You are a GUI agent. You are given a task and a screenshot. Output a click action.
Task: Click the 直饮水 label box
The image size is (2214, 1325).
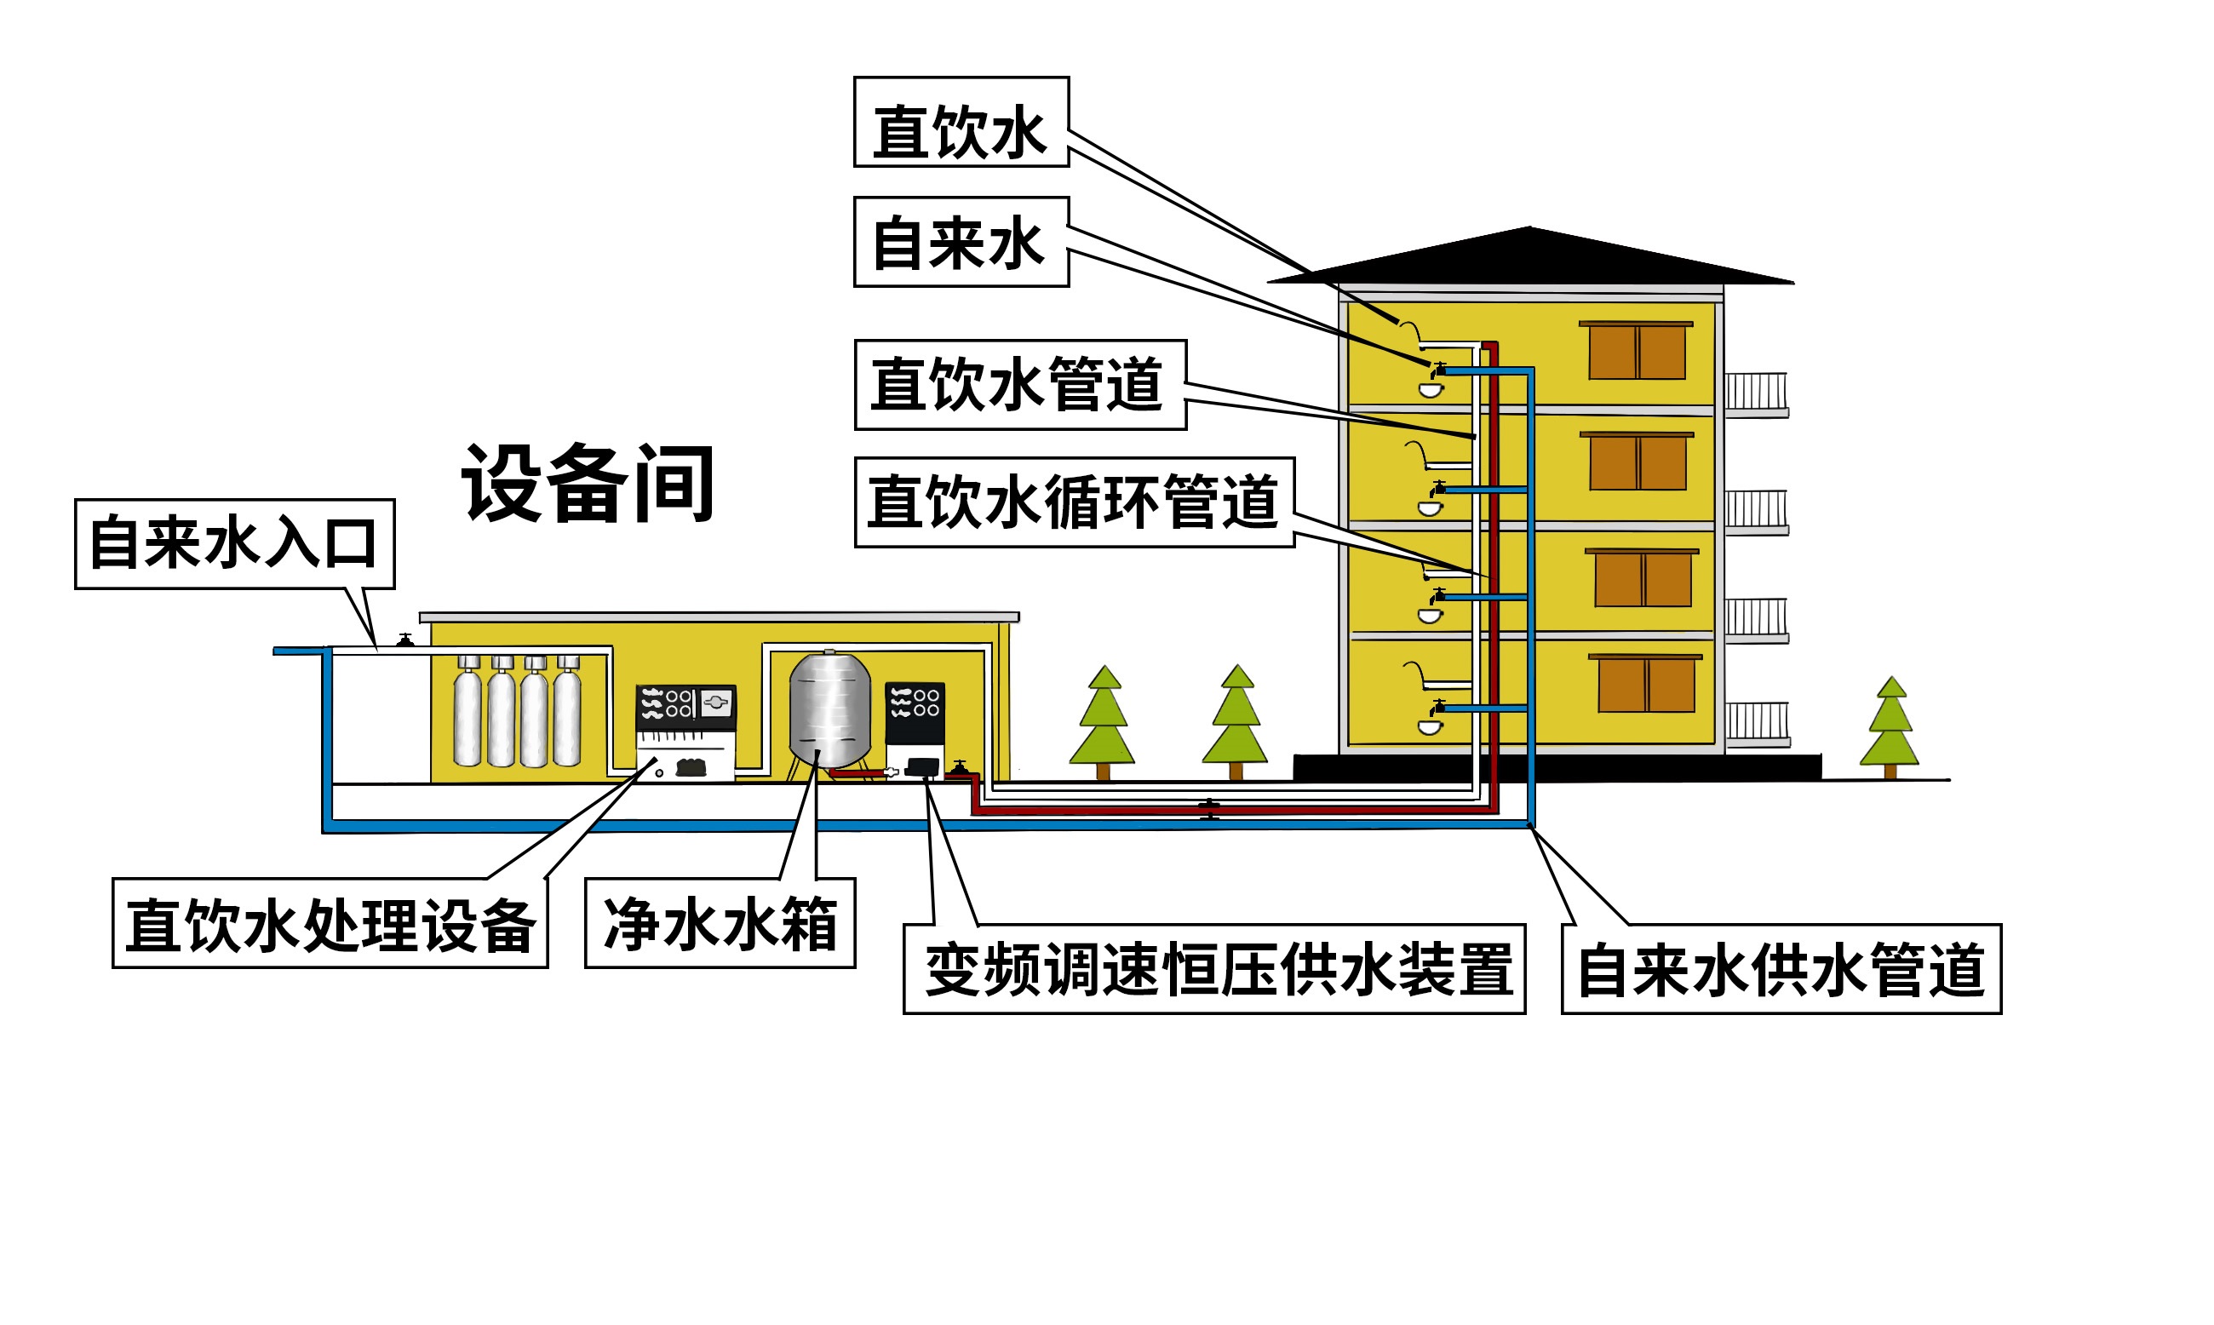961,123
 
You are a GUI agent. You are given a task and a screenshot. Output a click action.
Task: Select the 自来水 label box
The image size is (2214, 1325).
961,242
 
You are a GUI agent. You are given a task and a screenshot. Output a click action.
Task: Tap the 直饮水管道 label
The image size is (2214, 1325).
1019,385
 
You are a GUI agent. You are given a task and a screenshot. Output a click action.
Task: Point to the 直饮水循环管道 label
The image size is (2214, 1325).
1074,502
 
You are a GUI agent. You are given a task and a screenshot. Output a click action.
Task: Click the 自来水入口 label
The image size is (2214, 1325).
234,544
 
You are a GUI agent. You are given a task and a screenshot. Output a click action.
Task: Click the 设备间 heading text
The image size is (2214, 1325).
588,484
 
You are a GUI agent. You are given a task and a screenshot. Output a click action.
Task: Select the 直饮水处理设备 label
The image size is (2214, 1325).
330,924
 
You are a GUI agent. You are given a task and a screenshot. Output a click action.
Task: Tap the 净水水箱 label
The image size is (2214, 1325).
720,923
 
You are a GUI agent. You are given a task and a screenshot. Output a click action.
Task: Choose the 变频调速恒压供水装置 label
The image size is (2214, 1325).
1214,970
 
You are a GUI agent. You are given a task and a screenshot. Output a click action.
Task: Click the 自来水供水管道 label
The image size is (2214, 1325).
1781,970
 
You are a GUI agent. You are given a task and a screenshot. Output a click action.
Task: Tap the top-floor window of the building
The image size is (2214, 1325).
1637,351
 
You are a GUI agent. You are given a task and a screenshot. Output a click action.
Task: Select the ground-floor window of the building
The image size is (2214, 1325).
1645,684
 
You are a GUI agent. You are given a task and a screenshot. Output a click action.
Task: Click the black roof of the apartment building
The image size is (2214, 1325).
1530,260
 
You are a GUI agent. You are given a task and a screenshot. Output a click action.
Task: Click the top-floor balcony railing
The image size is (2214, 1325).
1755,393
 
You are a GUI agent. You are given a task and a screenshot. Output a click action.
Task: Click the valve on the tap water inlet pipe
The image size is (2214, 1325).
405,640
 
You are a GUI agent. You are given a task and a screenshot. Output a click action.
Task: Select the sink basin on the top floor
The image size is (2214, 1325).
1431,390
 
